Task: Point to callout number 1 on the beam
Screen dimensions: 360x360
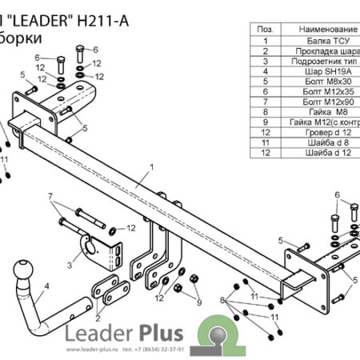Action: click(150, 168)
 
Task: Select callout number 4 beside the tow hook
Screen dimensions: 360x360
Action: click(47, 285)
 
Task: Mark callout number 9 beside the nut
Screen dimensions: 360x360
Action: click(198, 302)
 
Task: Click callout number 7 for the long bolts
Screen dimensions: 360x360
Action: click(50, 196)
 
